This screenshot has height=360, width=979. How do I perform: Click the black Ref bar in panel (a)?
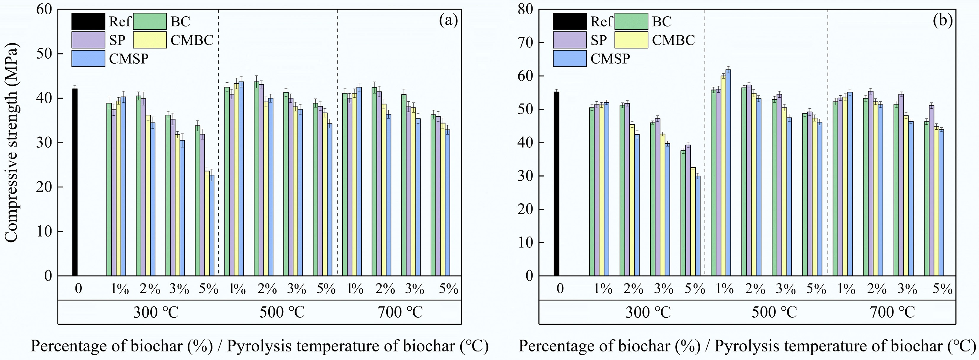pos(75,182)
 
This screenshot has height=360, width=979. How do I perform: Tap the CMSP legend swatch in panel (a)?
pos(88,59)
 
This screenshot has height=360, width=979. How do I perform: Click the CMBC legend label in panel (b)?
pos(673,40)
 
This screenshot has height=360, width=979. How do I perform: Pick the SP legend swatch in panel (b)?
pos(569,40)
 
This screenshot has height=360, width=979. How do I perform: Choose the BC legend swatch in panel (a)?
pos(150,21)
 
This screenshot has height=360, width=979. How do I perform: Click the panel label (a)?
pos(448,20)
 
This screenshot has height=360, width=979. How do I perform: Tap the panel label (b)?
pos(943,20)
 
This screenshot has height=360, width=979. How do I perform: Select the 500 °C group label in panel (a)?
pos(282,312)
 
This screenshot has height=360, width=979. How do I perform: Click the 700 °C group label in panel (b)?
pos(892,312)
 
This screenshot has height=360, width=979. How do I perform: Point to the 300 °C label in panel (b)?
pos(648,312)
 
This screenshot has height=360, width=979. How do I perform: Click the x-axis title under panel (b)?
pos(747,346)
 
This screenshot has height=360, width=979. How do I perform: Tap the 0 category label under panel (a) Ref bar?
pos(78,289)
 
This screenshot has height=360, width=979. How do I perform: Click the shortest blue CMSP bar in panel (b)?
pos(698,226)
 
